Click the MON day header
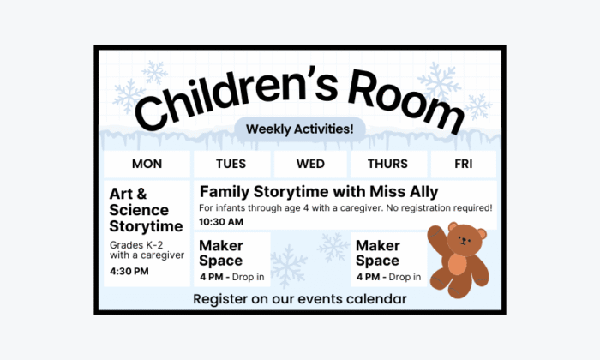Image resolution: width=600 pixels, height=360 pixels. click(147, 164)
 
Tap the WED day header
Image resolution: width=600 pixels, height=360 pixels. click(310, 164)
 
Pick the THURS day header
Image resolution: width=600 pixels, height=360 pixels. click(387, 164)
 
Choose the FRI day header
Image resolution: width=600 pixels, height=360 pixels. click(463, 164)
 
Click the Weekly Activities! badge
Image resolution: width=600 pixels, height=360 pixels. click(299, 129)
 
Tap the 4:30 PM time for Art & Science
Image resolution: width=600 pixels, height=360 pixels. click(129, 272)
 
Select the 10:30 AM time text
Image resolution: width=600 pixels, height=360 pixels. click(221, 222)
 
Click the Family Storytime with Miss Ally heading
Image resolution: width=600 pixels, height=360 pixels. click(319, 191)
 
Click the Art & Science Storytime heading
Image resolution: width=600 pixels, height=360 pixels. click(146, 210)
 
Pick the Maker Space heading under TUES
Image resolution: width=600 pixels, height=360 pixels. click(221, 253)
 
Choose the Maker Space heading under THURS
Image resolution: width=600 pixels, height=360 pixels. click(378, 253)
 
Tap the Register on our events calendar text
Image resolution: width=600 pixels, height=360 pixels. click(300, 299)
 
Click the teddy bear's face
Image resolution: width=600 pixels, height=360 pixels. click(465, 241)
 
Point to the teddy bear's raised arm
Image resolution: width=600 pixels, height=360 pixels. click(435, 236)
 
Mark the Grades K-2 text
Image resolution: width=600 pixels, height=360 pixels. click(129, 244)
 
